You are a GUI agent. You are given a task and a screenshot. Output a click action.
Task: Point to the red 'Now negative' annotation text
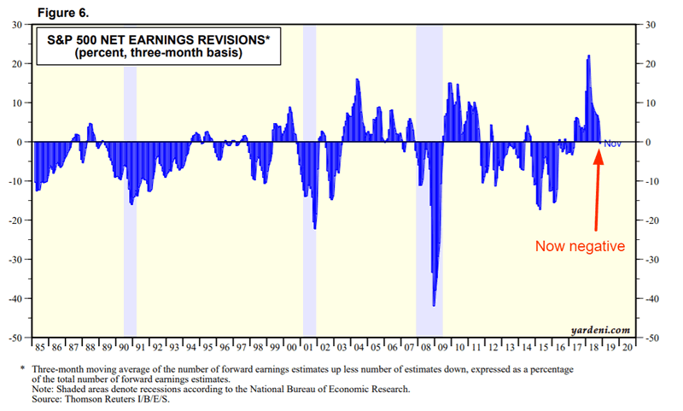click(x=580, y=246)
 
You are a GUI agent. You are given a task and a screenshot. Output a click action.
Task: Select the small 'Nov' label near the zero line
click(x=612, y=144)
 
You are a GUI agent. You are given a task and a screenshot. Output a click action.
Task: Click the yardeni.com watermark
click(x=600, y=328)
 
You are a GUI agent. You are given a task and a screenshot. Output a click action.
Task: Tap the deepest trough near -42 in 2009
click(x=434, y=304)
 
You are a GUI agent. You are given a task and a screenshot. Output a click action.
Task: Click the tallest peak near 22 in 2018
click(x=588, y=56)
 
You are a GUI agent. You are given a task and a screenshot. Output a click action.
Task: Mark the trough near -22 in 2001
click(x=314, y=227)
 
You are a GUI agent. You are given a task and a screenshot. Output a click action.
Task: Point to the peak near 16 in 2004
click(x=357, y=80)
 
